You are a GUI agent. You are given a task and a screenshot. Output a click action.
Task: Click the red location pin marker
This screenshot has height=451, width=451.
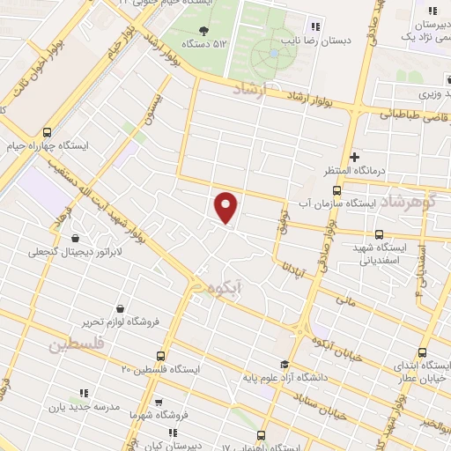(226, 208)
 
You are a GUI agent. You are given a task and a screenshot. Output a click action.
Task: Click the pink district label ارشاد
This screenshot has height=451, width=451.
(256, 90)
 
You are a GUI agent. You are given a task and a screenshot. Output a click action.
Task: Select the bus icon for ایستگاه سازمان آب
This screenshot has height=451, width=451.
(336, 189)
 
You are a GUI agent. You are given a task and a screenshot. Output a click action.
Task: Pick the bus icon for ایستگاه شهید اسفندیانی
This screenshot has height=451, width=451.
(379, 234)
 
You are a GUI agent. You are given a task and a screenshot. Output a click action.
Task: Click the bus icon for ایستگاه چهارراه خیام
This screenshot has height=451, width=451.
(46, 131)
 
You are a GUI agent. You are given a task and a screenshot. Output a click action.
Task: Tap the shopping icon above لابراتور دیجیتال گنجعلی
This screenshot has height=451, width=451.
(75, 238)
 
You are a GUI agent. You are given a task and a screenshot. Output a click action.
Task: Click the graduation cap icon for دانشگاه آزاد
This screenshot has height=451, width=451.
(284, 365)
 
